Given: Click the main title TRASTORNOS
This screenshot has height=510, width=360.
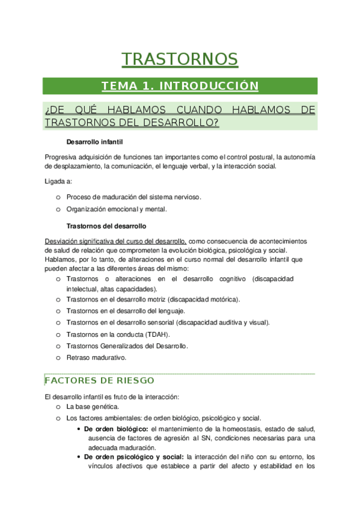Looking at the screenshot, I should click(180, 59).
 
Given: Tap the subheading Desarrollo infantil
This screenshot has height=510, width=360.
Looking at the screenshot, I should click(95, 143).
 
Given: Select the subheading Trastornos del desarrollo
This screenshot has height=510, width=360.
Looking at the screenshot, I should click(106, 227).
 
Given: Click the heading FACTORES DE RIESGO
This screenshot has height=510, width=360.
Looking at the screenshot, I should click(99, 381).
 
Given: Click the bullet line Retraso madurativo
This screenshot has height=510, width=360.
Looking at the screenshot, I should click(96, 357).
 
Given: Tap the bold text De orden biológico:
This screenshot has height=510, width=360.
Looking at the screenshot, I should click(116, 428).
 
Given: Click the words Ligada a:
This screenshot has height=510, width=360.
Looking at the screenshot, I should click(58, 181).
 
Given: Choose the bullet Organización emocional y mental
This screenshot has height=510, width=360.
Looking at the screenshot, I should click(117, 209).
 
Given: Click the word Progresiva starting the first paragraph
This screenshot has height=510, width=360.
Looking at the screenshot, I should click(61, 158).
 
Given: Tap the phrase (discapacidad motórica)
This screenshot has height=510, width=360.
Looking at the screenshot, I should click(204, 299).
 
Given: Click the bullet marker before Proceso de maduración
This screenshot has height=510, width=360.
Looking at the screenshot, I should click(58, 197).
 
